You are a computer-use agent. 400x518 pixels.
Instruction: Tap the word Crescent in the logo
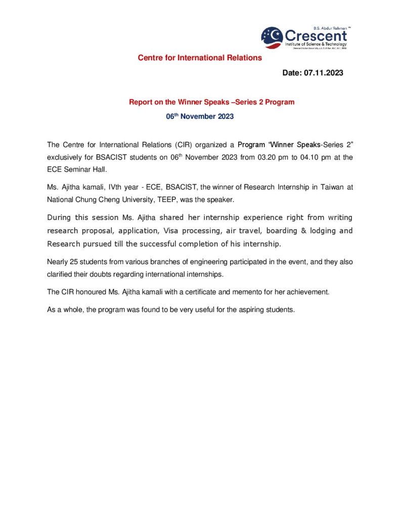316,35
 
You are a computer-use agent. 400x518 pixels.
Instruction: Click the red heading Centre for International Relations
200,58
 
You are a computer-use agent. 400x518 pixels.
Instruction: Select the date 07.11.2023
324,73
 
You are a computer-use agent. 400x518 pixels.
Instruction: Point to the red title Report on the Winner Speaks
211,102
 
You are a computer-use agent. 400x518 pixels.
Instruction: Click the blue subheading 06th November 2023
200,116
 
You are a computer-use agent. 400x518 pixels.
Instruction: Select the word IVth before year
108,187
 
